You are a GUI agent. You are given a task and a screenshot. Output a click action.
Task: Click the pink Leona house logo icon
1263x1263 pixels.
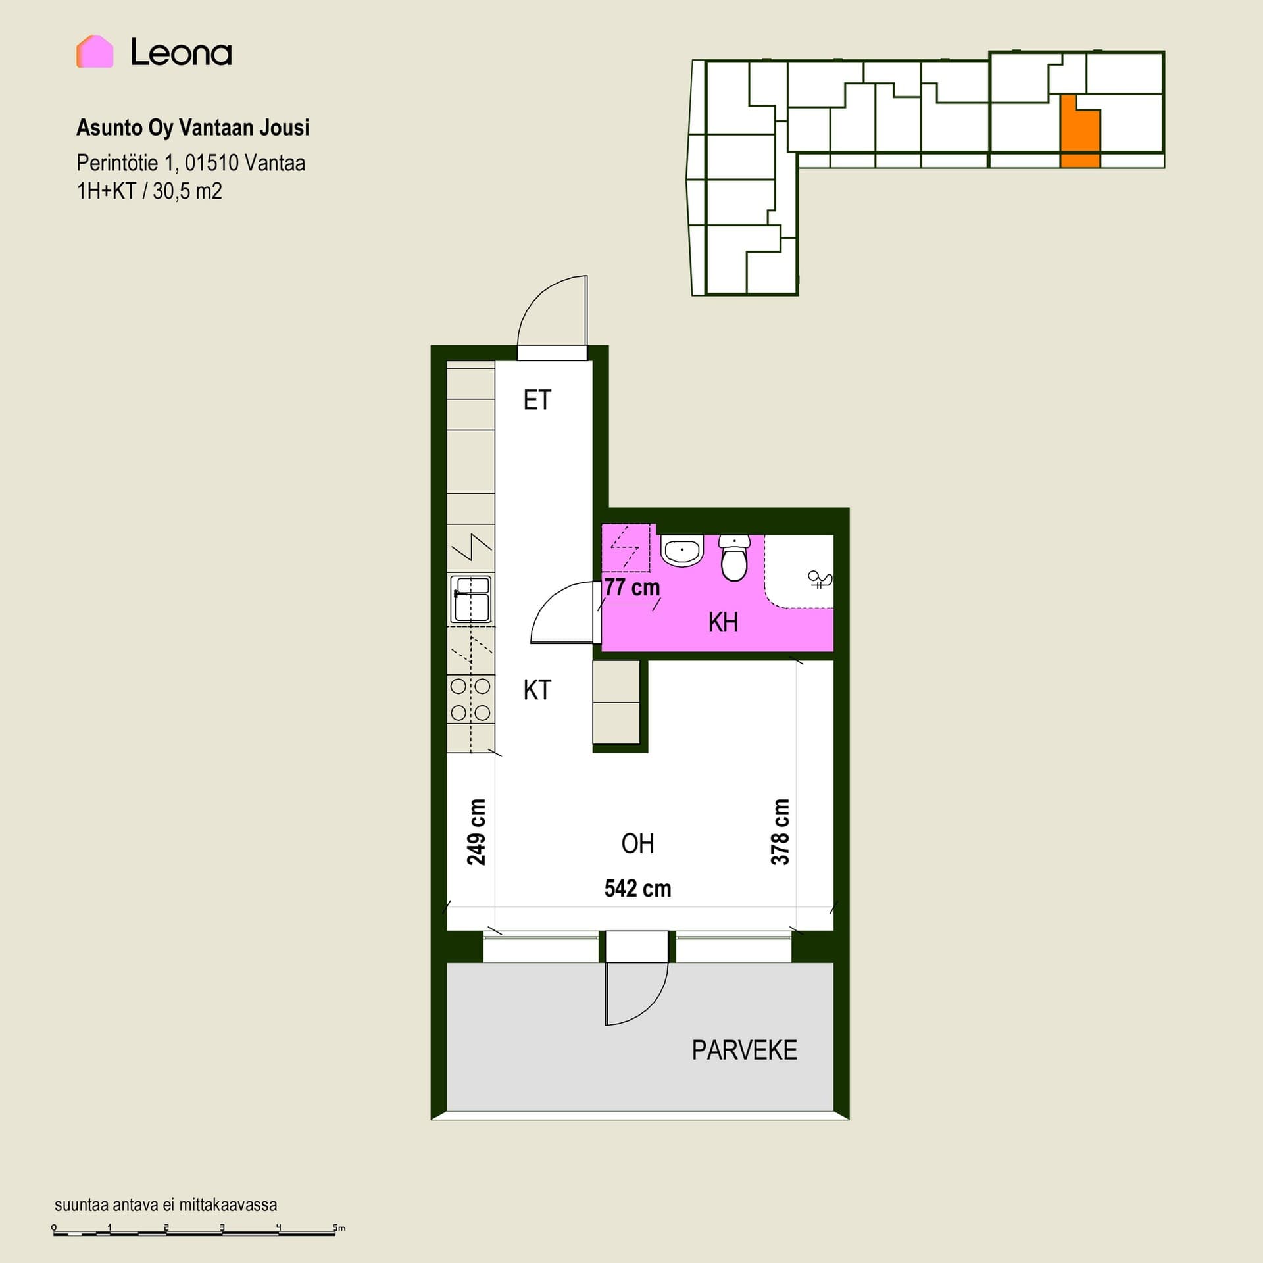[x=95, y=51]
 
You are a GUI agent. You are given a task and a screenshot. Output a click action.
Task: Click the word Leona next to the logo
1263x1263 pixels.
[x=181, y=52]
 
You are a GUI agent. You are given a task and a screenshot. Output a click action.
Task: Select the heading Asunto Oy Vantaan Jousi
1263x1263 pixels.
[x=193, y=128]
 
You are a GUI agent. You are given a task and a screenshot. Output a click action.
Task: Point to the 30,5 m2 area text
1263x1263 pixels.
[x=187, y=191]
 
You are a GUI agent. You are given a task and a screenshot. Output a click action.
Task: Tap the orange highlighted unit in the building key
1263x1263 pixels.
[x=1079, y=132]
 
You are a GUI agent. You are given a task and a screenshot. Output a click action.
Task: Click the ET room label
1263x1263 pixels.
[x=537, y=400]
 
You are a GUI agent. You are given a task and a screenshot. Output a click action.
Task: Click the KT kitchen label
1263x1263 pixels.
[x=537, y=690]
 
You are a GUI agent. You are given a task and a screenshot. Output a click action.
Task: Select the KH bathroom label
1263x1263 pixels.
[x=723, y=622]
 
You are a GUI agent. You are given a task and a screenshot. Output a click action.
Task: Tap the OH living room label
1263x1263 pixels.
[x=637, y=844]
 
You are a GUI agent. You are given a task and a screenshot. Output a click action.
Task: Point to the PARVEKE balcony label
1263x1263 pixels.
[x=744, y=1051]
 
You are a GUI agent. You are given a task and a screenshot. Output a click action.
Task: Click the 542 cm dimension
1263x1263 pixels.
[x=637, y=889]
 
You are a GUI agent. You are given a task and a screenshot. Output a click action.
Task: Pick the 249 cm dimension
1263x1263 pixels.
[x=476, y=832]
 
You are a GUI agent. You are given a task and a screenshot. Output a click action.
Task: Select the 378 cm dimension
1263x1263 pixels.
[x=780, y=832]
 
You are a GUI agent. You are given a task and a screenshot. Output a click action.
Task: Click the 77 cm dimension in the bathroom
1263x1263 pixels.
[x=631, y=587]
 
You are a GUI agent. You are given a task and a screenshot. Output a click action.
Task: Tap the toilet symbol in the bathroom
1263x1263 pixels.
[x=734, y=558]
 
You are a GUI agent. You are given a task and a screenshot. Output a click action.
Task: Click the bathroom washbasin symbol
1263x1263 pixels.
[x=682, y=551]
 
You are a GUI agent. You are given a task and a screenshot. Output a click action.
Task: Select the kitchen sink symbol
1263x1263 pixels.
[x=470, y=599]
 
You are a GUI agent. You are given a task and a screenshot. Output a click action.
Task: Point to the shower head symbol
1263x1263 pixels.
[x=820, y=580]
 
